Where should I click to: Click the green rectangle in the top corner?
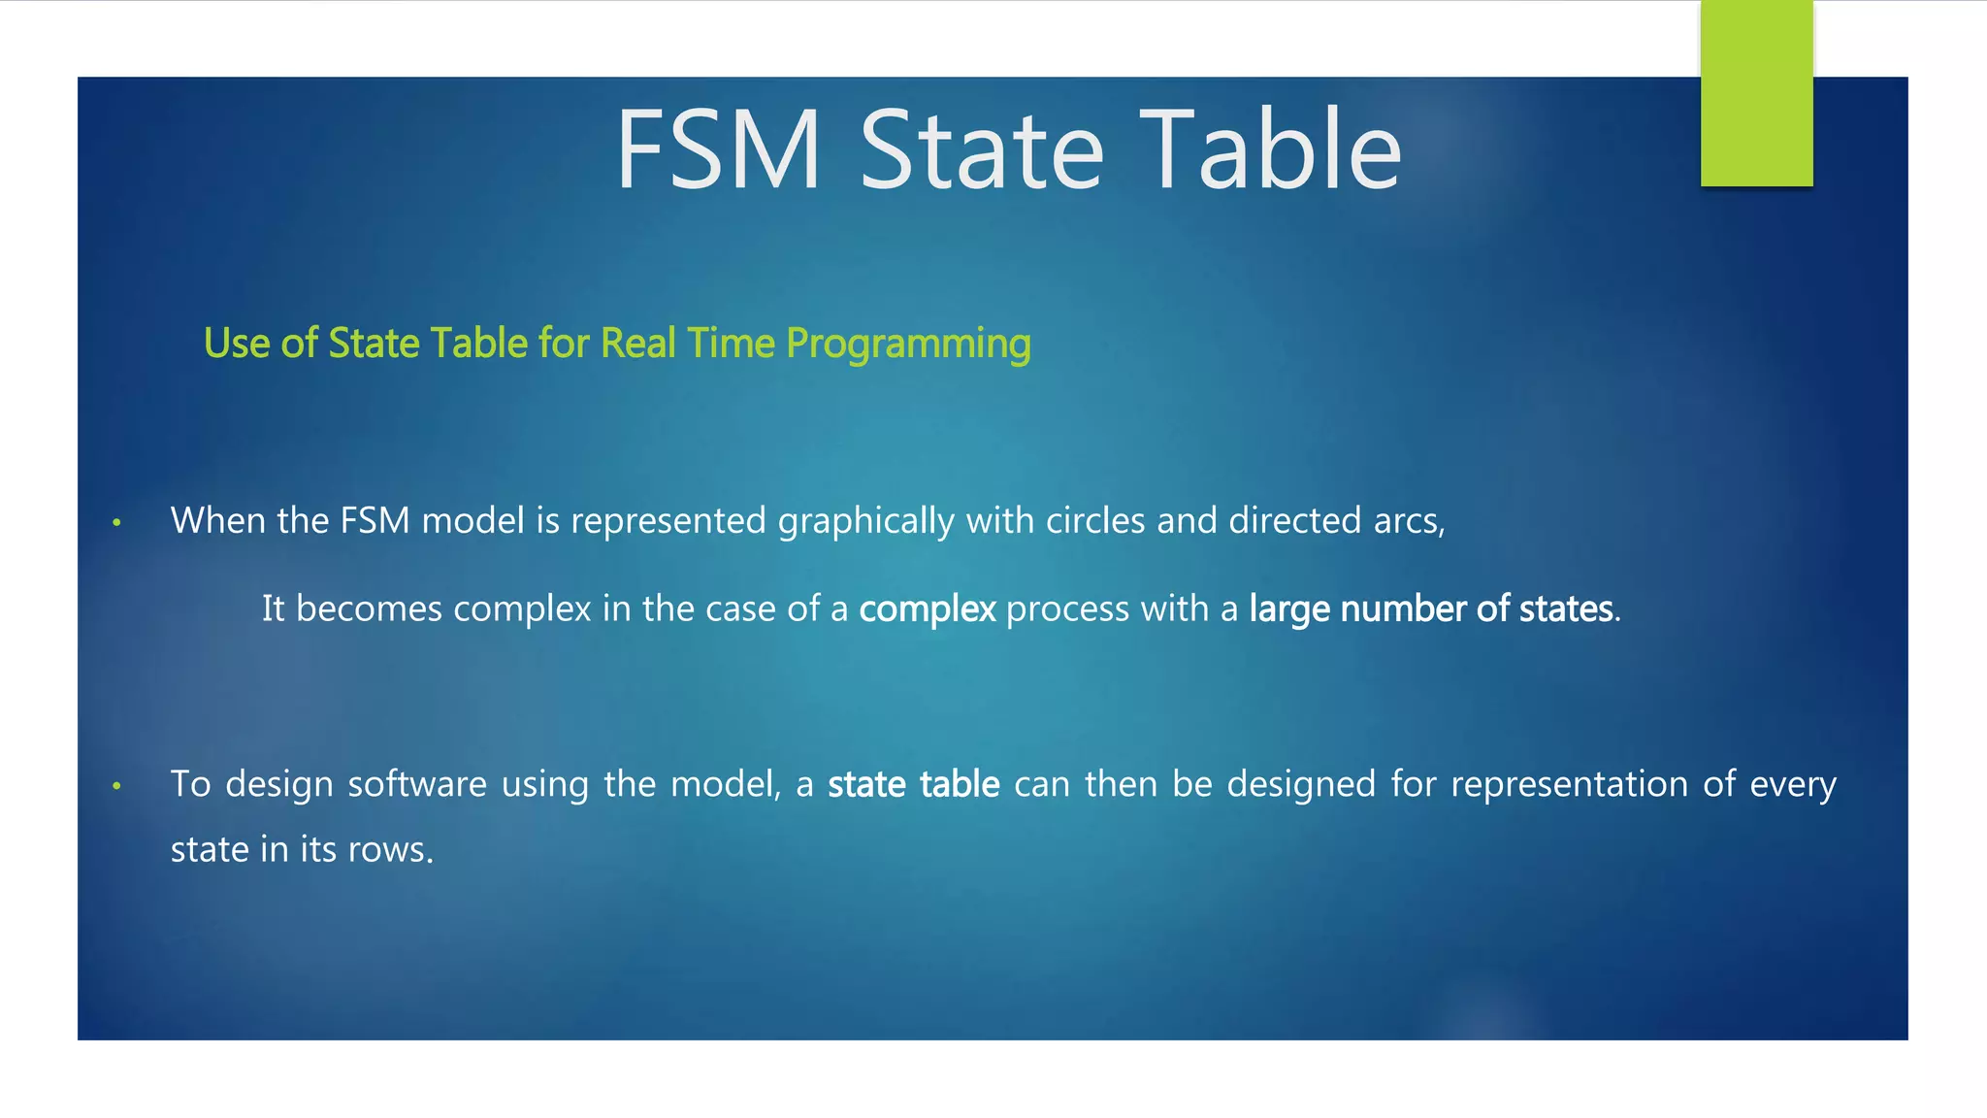coord(1756,93)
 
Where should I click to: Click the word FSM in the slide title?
coord(719,150)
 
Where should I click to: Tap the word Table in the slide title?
coord(1270,150)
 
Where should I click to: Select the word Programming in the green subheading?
coord(908,345)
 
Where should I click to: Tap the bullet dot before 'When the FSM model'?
coord(116,523)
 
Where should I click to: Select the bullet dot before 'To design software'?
coord(116,786)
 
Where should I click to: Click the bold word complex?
coord(927,609)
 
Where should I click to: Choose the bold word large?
coord(1288,609)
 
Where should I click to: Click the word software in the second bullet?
coord(417,784)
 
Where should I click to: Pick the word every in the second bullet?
coord(1793,784)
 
